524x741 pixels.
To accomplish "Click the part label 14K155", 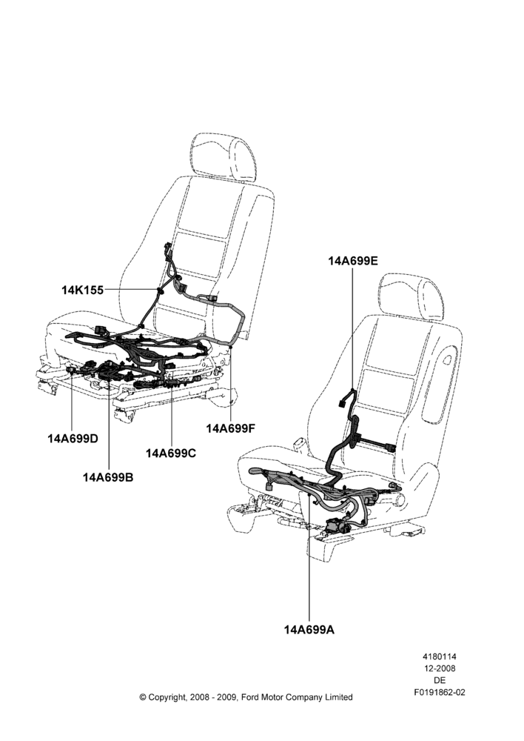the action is coord(83,290).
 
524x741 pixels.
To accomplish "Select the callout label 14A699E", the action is coord(353,261).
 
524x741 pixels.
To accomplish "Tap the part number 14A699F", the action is coord(230,428).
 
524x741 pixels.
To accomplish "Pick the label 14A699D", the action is coord(73,439).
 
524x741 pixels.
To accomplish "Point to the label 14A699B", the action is coord(108,477).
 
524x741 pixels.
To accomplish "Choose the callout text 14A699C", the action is coord(171,453).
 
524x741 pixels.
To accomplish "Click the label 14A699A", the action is coord(309,629).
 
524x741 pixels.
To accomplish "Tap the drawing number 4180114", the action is coord(439,657).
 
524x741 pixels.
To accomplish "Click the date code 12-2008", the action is coord(439,668).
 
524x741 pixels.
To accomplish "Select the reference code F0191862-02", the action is coord(440,692).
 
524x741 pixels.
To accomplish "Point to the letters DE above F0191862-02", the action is coord(440,680).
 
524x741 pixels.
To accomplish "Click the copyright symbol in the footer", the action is coord(143,697).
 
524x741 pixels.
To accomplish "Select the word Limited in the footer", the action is coord(339,697).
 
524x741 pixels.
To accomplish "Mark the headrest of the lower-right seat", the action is coord(412,298).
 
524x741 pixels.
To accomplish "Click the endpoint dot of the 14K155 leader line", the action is coord(158,289).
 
